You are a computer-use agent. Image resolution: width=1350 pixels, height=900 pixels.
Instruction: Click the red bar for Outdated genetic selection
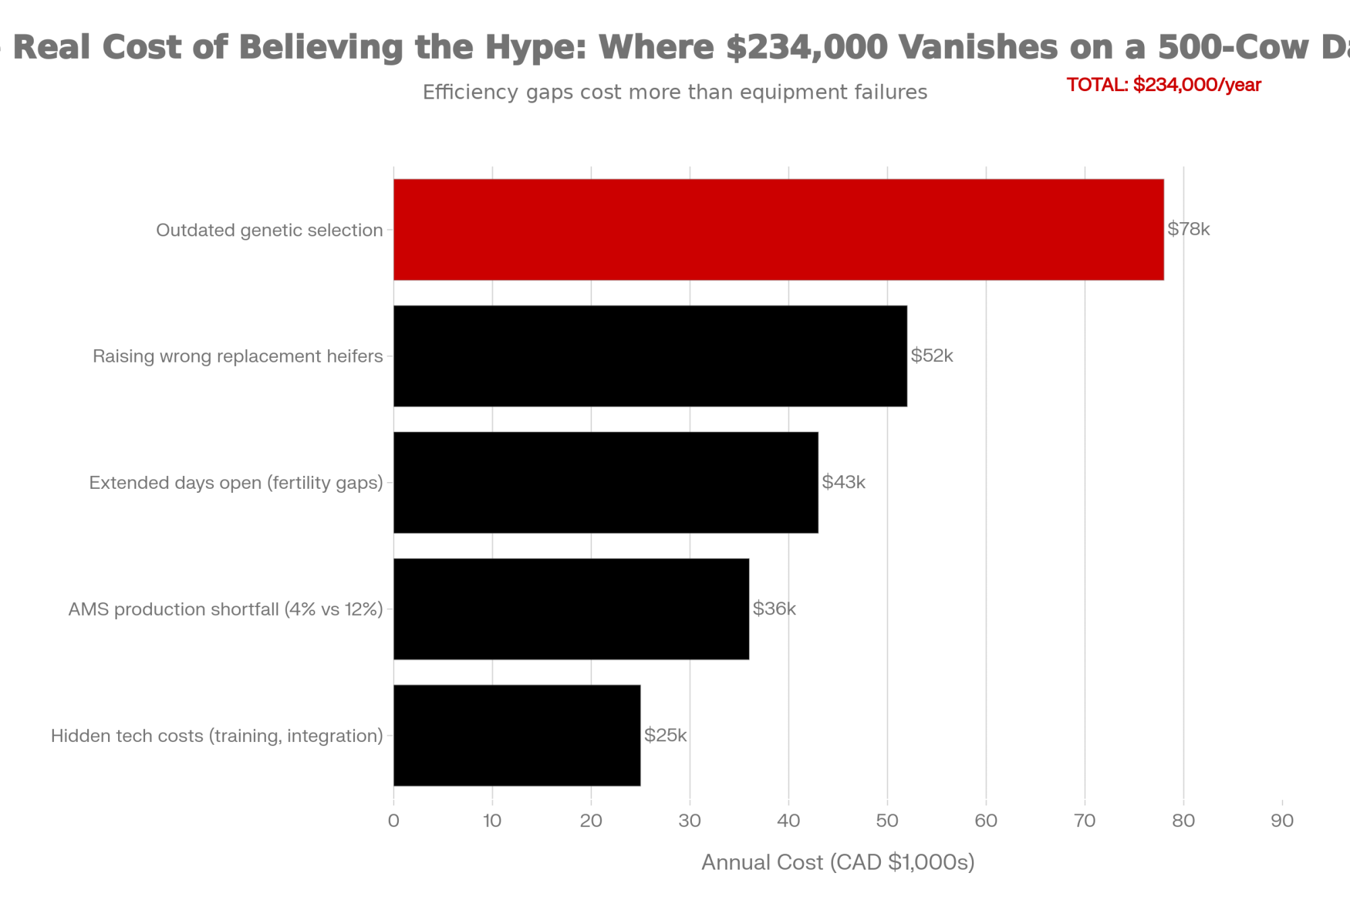778,230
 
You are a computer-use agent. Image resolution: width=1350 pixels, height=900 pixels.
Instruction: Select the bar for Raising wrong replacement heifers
650,356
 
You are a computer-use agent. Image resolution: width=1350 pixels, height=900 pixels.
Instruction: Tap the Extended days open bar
605,482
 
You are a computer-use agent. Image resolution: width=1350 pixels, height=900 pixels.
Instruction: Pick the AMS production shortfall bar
571,608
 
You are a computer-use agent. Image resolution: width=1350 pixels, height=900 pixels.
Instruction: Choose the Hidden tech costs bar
516,735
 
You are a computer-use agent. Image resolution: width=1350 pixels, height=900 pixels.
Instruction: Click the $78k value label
1188,230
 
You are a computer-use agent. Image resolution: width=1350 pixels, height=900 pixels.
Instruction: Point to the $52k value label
932,356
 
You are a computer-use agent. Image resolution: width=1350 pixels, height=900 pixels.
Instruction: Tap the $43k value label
843,482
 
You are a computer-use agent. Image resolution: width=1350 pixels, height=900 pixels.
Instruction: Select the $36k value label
774,608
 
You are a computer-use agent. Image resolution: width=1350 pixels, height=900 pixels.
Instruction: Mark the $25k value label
665,735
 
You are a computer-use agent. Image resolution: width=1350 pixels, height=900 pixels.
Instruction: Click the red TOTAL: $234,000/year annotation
1164,85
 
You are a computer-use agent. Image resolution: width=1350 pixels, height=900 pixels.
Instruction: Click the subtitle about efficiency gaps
675,92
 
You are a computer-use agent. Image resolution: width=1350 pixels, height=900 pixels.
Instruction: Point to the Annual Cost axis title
838,862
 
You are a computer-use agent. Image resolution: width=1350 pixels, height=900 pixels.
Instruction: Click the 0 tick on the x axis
394,821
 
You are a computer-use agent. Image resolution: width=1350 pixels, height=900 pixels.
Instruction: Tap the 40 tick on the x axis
788,821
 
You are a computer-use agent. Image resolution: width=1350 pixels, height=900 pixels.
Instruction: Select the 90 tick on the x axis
1282,821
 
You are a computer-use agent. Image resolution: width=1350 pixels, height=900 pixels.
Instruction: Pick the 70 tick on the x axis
1085,821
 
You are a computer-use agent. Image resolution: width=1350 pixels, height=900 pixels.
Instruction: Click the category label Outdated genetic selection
269,230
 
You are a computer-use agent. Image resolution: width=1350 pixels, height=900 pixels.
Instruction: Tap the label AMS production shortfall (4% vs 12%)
225,609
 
